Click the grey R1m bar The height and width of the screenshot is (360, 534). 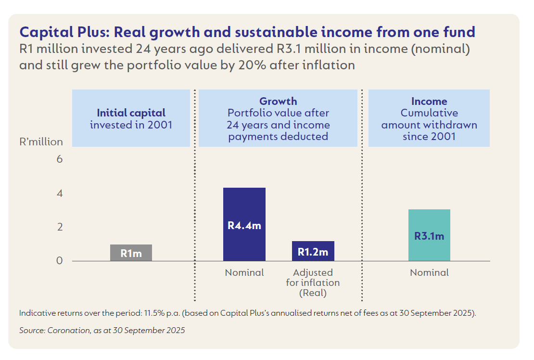pos(131,253)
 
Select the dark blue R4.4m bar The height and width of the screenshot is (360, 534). pos(244,224)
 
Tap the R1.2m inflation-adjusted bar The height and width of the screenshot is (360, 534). pos(313,251)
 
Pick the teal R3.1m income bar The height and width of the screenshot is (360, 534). pos(429,235)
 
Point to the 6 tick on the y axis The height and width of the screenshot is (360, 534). pos(60,159)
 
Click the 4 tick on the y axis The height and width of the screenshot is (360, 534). pos(60,193)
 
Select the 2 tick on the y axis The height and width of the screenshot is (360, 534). pos(60,227)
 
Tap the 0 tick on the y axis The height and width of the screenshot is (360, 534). pos(60,261)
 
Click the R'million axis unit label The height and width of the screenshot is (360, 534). pos(41,142)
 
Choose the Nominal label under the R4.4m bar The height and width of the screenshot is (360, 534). pos(244,273)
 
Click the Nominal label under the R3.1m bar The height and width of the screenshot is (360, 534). pos(429,273)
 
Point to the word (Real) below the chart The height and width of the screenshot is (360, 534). pos(313,293)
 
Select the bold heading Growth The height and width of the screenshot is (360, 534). pos(278,102)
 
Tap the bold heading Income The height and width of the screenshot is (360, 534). pos(429,102)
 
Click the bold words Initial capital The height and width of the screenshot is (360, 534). pos(131,113)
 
